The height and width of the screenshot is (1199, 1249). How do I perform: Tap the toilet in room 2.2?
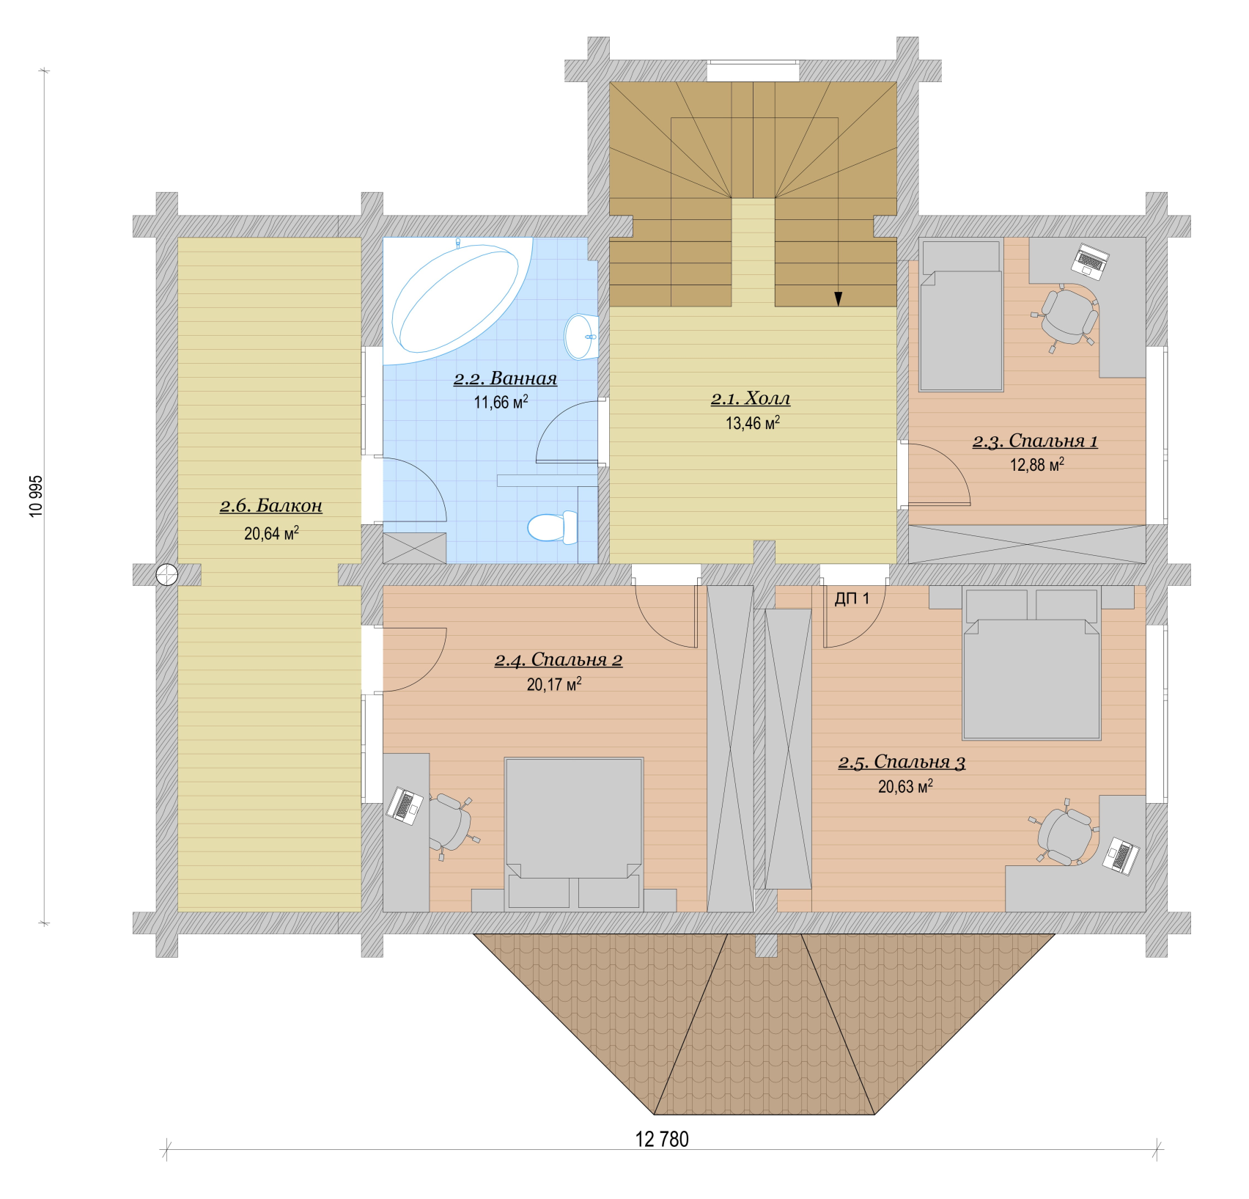coord(552,527)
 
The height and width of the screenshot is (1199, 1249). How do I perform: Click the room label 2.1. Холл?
coord(751,399)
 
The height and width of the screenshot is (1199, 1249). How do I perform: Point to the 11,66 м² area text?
coord(501,402)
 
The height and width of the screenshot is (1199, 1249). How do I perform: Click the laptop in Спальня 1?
coord(1091,262)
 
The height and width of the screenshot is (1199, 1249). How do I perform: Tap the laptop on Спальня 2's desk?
coord(405,805)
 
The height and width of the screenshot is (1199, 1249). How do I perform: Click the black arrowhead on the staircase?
coord(838,298)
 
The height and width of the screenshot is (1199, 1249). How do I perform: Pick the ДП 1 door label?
coord(852,598)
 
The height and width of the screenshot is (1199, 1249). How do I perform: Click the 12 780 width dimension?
coord(662,1139)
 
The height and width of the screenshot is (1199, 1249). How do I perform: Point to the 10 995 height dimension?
coord(36,496)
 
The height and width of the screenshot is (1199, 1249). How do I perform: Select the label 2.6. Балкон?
coord(271,506)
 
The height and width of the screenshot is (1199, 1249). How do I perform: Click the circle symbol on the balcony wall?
coord(167,574)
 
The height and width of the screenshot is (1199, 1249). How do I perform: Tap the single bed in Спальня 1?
coord(961,316)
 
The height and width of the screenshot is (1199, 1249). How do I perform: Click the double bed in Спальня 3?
coord(1031,663)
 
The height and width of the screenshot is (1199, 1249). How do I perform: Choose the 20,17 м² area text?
coord(554,684)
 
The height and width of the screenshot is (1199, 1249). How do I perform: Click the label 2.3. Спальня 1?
coord(1035,441)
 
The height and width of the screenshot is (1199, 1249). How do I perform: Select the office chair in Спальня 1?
coord(1067,315)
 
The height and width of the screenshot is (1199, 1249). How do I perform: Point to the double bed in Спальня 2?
coord(574,835)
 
